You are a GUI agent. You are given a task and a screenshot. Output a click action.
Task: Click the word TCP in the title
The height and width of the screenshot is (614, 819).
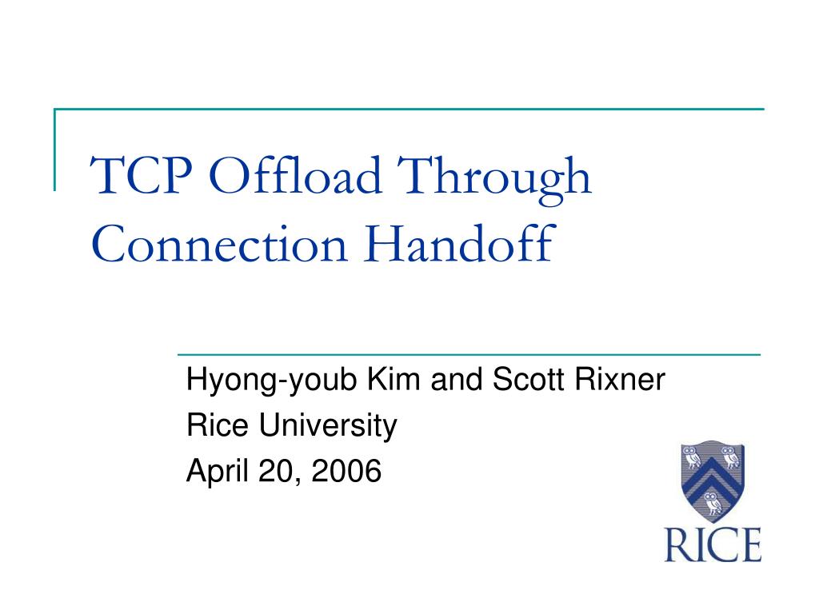coord(141,175)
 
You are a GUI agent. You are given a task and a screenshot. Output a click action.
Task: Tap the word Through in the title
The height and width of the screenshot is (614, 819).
coord(494,179)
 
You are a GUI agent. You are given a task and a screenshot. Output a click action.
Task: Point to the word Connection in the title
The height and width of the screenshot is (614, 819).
coord(219,244)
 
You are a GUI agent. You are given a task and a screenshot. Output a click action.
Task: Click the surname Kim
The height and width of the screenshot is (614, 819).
coord(394,378)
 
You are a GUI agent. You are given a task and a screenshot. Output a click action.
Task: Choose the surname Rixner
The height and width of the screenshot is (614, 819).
coord(620,378)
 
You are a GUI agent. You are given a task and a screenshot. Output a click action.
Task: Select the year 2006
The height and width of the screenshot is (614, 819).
coord(346,470)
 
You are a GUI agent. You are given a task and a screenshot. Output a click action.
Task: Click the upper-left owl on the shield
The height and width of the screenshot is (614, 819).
coord(693,457)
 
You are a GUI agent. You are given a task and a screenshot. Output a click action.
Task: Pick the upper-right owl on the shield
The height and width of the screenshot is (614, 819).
coord(731,457)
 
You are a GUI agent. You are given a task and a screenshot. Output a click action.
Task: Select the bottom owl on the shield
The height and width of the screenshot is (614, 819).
coord(712,504)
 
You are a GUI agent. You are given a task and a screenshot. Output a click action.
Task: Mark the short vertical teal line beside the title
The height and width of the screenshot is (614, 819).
coord(54,150)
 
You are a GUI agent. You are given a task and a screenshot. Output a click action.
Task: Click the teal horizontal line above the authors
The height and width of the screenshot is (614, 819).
coord(469,355)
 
